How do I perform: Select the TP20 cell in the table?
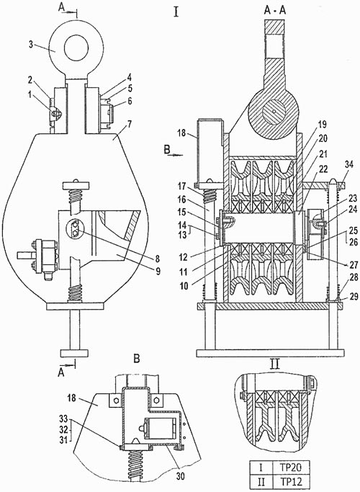click(291, 468)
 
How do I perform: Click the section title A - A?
click(275, 11)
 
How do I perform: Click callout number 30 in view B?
click(180, 476)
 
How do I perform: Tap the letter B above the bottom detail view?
click(137, 358)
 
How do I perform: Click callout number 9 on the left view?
click(158, 270)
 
